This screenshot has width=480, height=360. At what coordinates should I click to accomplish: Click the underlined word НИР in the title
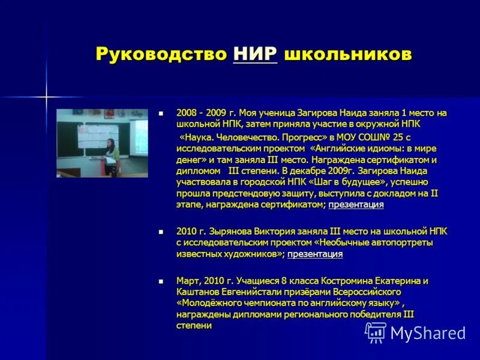coord(255,54)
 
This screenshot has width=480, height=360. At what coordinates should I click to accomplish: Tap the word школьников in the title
coord(348,55)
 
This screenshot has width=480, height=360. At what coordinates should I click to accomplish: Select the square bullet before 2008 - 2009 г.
coord(160,113)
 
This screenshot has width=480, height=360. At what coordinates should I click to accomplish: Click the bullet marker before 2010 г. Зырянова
coord(160,231)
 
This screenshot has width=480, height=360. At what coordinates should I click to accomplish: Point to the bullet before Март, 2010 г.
coord(160,281)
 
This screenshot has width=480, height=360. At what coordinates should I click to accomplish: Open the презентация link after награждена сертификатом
coord(356,205)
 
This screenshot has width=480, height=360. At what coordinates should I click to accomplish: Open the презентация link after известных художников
coord(315,254)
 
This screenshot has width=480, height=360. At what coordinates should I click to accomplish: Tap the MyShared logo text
coord(429,332)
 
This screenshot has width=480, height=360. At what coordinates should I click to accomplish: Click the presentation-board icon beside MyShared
coord(376,332)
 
